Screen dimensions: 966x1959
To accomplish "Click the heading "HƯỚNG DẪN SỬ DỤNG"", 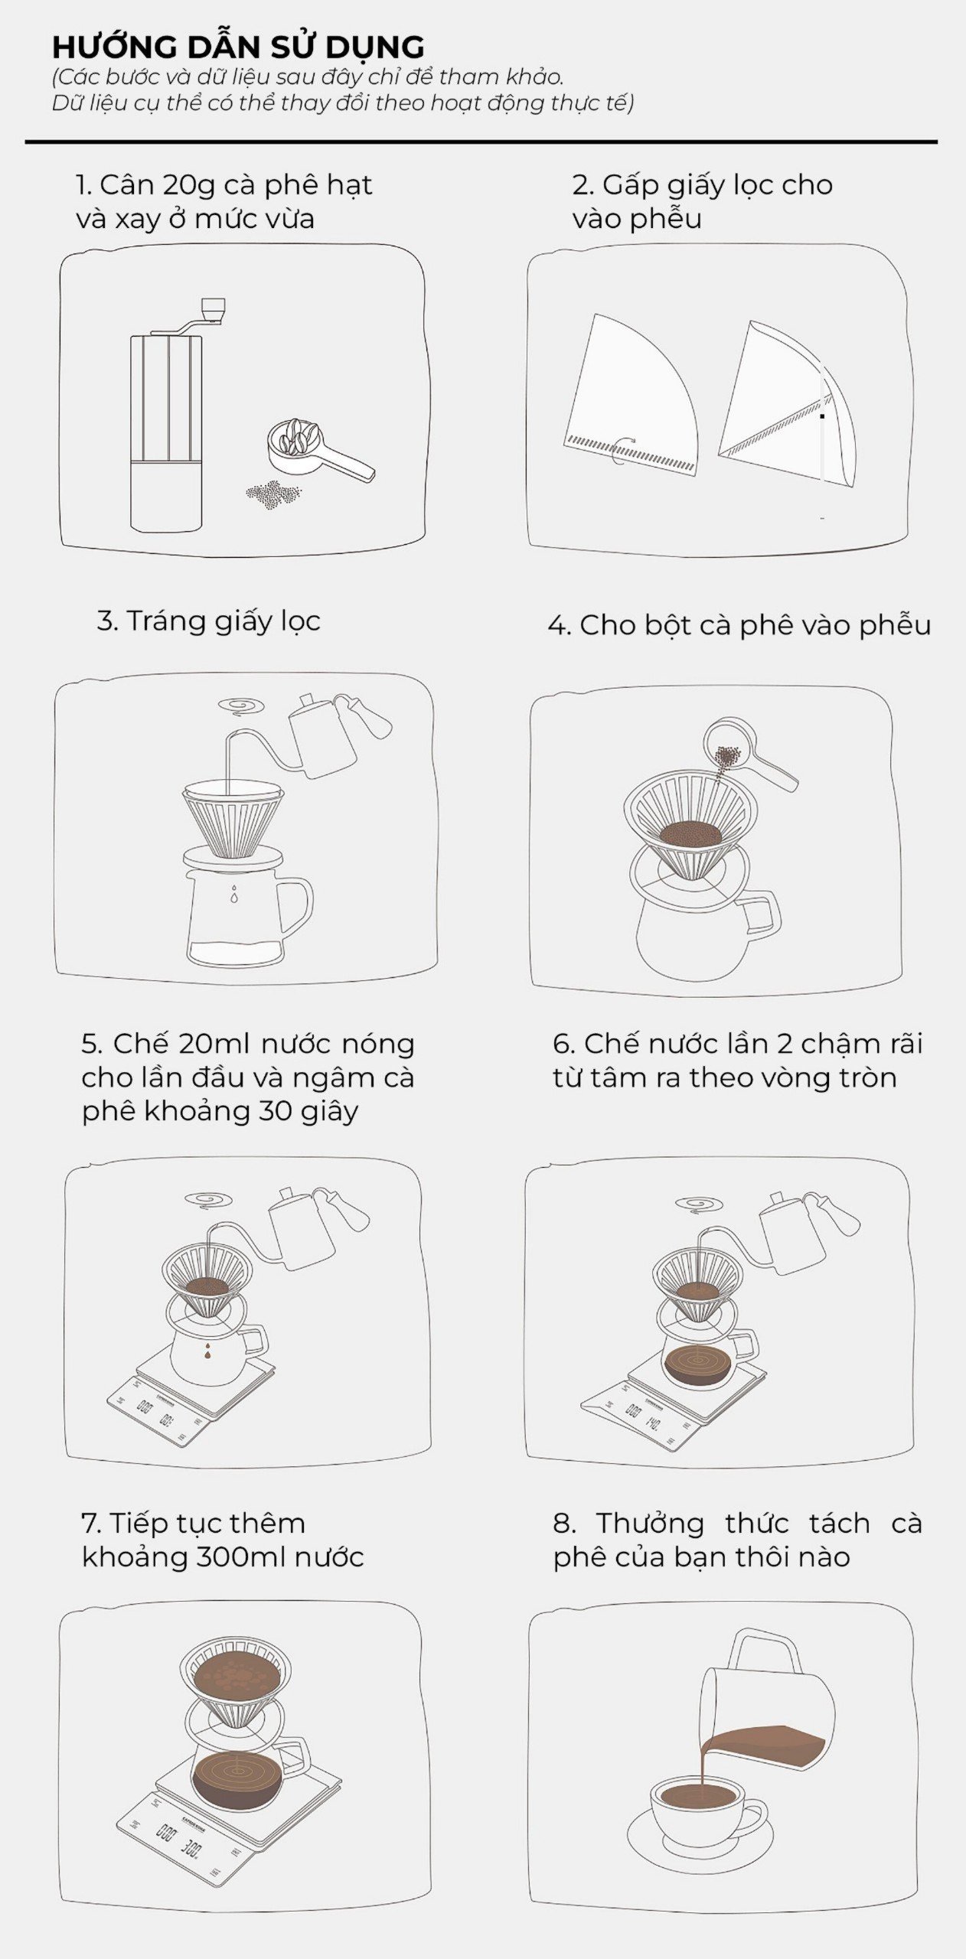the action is pos(238,47).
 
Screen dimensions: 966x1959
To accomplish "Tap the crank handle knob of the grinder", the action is pos(214,308).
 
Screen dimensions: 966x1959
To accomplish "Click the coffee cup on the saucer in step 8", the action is pos(697,1799).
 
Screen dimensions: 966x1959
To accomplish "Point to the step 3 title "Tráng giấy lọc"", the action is pos(208,621).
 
